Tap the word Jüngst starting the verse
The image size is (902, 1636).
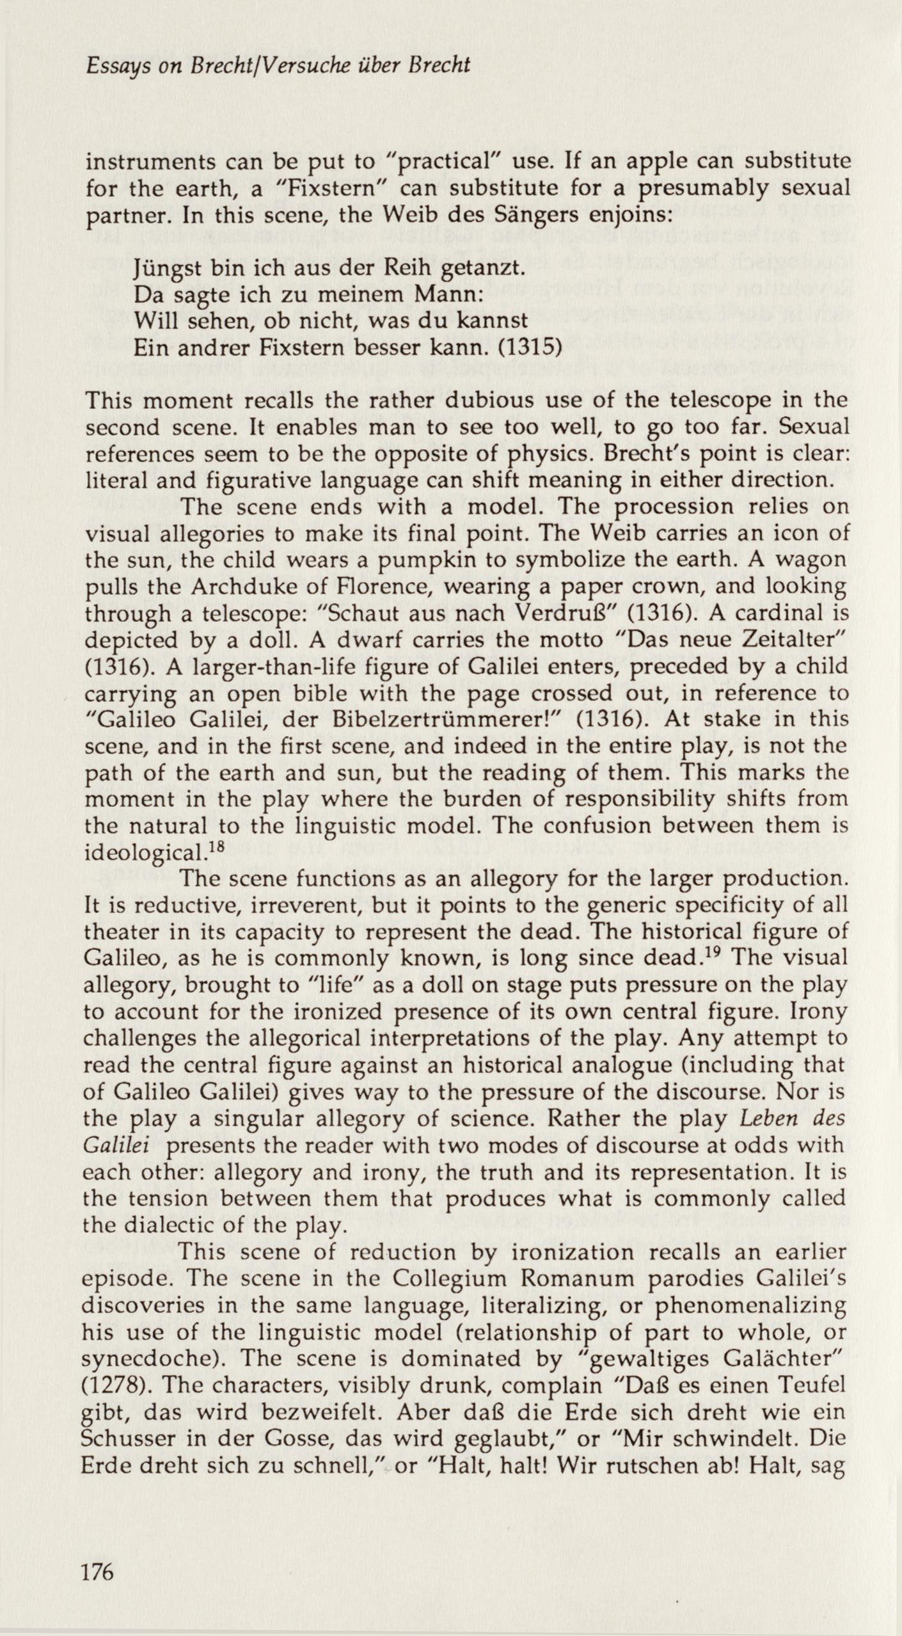(x=168, y=268)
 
